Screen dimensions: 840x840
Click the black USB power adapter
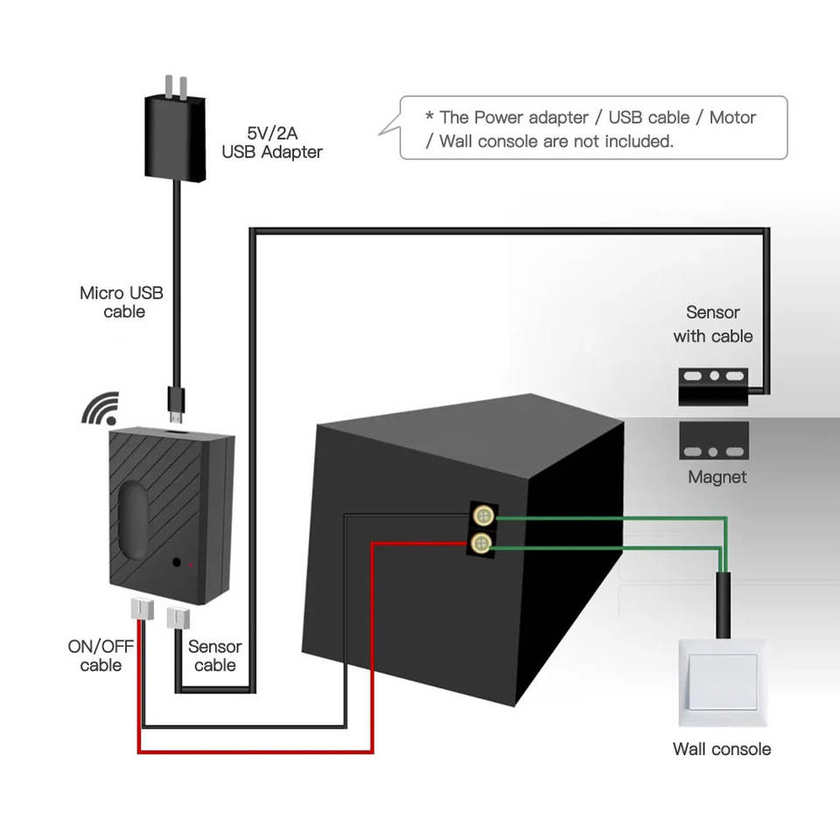(x=175, y=137)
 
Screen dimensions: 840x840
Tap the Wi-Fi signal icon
(x=101, y=409)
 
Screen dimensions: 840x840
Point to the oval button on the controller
(x=133, y=519)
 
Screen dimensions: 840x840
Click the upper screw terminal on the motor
(x=484, y=516)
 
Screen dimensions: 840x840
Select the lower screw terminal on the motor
(x=481, y=543)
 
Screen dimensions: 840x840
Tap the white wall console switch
(x=722, y=682)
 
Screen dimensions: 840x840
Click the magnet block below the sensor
(x=714, y=441)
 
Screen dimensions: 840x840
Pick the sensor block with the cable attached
(x=714, y=387)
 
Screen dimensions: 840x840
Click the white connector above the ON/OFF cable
(x=142, y=610)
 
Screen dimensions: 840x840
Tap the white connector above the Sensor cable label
(x=178, y=619)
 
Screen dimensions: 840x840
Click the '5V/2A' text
(x=272, y=133)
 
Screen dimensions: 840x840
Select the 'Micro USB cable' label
(x=122, y=302)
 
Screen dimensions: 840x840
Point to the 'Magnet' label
(x=717, y=477)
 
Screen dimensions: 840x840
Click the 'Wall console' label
(x=722, y=749)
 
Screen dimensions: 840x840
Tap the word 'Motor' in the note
(x=732, y=117)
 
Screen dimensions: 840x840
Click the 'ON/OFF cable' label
(x=101, y=655)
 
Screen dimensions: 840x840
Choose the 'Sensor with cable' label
(x=713, y=324)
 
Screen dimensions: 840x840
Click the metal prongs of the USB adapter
(x=176, y=87)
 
